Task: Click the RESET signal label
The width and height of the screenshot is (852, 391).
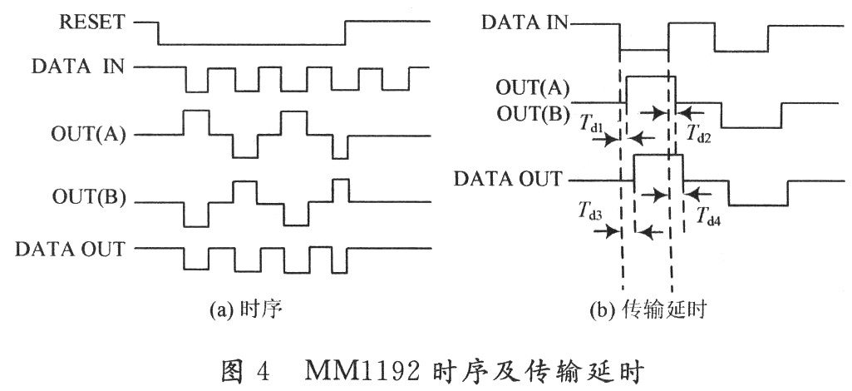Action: (93, 22)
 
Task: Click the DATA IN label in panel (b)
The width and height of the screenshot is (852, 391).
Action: (524, 22)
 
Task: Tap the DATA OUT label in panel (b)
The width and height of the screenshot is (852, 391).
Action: (509, 178)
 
